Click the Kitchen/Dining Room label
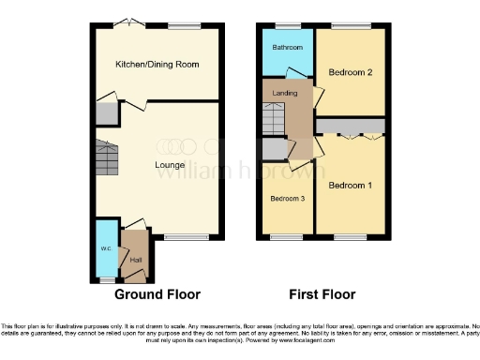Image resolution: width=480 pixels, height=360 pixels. [x=157, y=65]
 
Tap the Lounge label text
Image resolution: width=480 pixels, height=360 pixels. [x=169, y=165]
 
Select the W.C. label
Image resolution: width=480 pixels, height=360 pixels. [x=106, y=248]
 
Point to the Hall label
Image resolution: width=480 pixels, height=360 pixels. [x=136, y=259]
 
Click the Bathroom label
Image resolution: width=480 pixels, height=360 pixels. [x=287, y=47]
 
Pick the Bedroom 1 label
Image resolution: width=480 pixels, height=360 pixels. [x=350, y=186]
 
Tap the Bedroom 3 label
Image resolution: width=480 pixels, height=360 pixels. [x=288, y=199]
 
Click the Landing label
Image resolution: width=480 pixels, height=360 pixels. [x=285, y=94]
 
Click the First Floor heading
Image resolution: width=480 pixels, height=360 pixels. [x=322, y=294]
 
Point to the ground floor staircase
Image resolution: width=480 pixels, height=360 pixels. [x=108, y=157]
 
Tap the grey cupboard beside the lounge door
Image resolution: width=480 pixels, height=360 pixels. [x=106, y=113]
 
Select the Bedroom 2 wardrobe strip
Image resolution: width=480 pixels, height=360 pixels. [x=350, y=126]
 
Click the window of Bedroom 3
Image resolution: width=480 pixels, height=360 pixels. [x=288, y=237]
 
